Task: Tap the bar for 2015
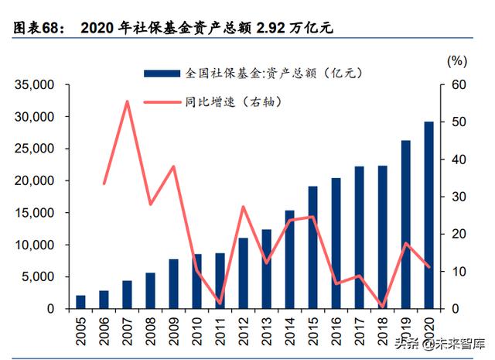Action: click(x=312, y=248)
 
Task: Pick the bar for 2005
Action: click(x=81, y=302)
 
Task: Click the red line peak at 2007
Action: click(x=127, y=101)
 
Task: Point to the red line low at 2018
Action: click(x=382, y=307)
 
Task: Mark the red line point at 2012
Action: click(x=243, y=207)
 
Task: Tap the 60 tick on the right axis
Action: click(x=458, y=84)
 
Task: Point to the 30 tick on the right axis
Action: click(x=458, y=197)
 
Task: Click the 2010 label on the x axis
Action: click(x=197, y=331)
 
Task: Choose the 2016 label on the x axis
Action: click(x=336, y=331)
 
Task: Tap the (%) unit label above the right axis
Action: click(x=458, y=60)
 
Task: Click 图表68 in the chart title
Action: click(x=39, y=29)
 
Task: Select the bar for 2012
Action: click(x=243, y=273)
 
